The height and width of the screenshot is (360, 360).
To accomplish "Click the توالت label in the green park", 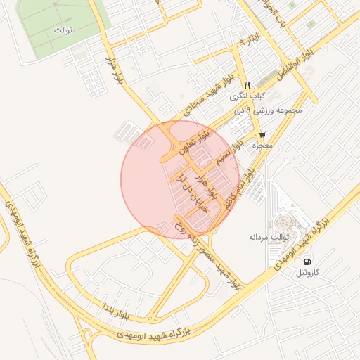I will pyautogui.click(x=64, y=31).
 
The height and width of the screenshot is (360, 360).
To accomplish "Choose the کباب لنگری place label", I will pyautogui.click(x=250, y=94).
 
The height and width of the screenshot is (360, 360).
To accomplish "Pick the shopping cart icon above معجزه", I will pyautogui.click(x=262, y=135).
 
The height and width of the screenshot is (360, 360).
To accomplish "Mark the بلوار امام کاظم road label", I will pyautogui.click(x=239, y=184).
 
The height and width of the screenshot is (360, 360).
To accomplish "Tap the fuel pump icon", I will pyautogui.click(x=307, y=261).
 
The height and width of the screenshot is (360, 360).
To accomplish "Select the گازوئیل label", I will pyautogui.click(x=307, y=271).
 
